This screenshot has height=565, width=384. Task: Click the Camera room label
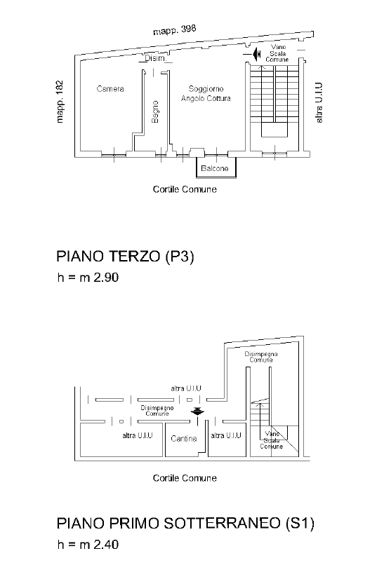coord(110,88)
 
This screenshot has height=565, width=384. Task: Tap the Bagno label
coord(155,111)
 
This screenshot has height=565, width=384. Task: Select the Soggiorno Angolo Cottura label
coord(206,93)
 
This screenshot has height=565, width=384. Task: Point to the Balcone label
coord(215,168)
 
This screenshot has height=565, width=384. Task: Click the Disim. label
coord(155,58)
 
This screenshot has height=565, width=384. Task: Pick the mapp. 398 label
coord(175,30)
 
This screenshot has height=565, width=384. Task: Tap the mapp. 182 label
coord(60,102)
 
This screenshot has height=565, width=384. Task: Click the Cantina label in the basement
coord(184,439)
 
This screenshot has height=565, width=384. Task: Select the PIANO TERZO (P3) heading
coord(125,256)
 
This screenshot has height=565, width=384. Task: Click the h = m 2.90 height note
coord(88,278)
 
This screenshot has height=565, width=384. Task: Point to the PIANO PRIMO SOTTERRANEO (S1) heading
coord(185,523)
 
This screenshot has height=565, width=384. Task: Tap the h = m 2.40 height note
coord(88,544)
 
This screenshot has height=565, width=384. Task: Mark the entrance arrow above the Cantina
coord(197,411)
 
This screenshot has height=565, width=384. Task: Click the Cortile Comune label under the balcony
coord(185,189)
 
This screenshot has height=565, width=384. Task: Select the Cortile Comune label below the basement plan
coord(185,478)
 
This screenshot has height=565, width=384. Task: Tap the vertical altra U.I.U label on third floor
coord(319,103)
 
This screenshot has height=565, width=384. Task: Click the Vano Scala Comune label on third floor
coord(277,53)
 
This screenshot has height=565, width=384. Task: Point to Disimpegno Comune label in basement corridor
coord(157,411)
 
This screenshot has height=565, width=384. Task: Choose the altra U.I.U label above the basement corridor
coord(186,388)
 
